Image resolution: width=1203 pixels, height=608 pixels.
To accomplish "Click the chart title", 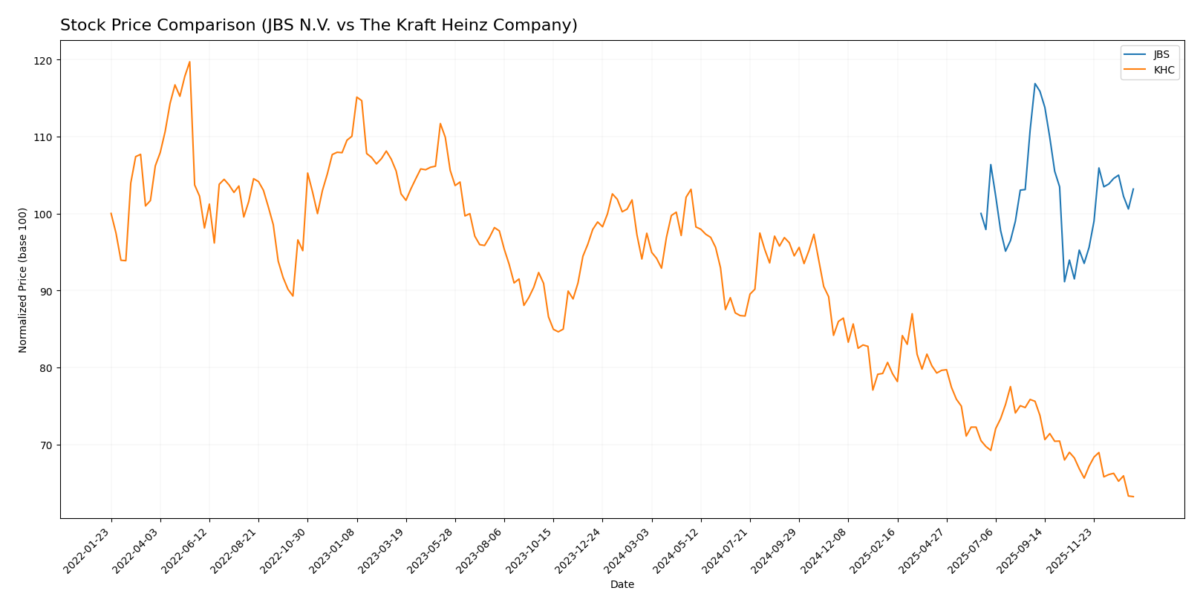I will click(319, 26).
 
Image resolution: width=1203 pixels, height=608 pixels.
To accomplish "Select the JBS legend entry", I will click(1161, 55).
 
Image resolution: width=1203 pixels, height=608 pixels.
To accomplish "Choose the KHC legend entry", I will click(1163, 71).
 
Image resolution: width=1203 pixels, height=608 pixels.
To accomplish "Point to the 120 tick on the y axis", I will click(45, 60).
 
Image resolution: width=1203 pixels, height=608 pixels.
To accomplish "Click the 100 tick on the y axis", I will click(45, 215).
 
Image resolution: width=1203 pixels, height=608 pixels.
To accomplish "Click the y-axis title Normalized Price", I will click(23, 280).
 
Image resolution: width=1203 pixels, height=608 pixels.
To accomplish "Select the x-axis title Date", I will click(622, 585).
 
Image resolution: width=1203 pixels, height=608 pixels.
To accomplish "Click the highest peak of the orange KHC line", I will click(189, 62).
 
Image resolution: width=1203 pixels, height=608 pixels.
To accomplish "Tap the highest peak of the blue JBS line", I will click(1034, 84).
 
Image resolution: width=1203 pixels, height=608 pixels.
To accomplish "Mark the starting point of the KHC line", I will click(111, 214).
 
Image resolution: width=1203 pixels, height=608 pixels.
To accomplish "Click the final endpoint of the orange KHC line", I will click(1133, 497).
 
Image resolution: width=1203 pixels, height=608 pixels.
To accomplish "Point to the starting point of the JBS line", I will click(981, 214).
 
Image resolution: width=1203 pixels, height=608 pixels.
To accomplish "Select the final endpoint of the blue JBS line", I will click(1133, 189).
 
